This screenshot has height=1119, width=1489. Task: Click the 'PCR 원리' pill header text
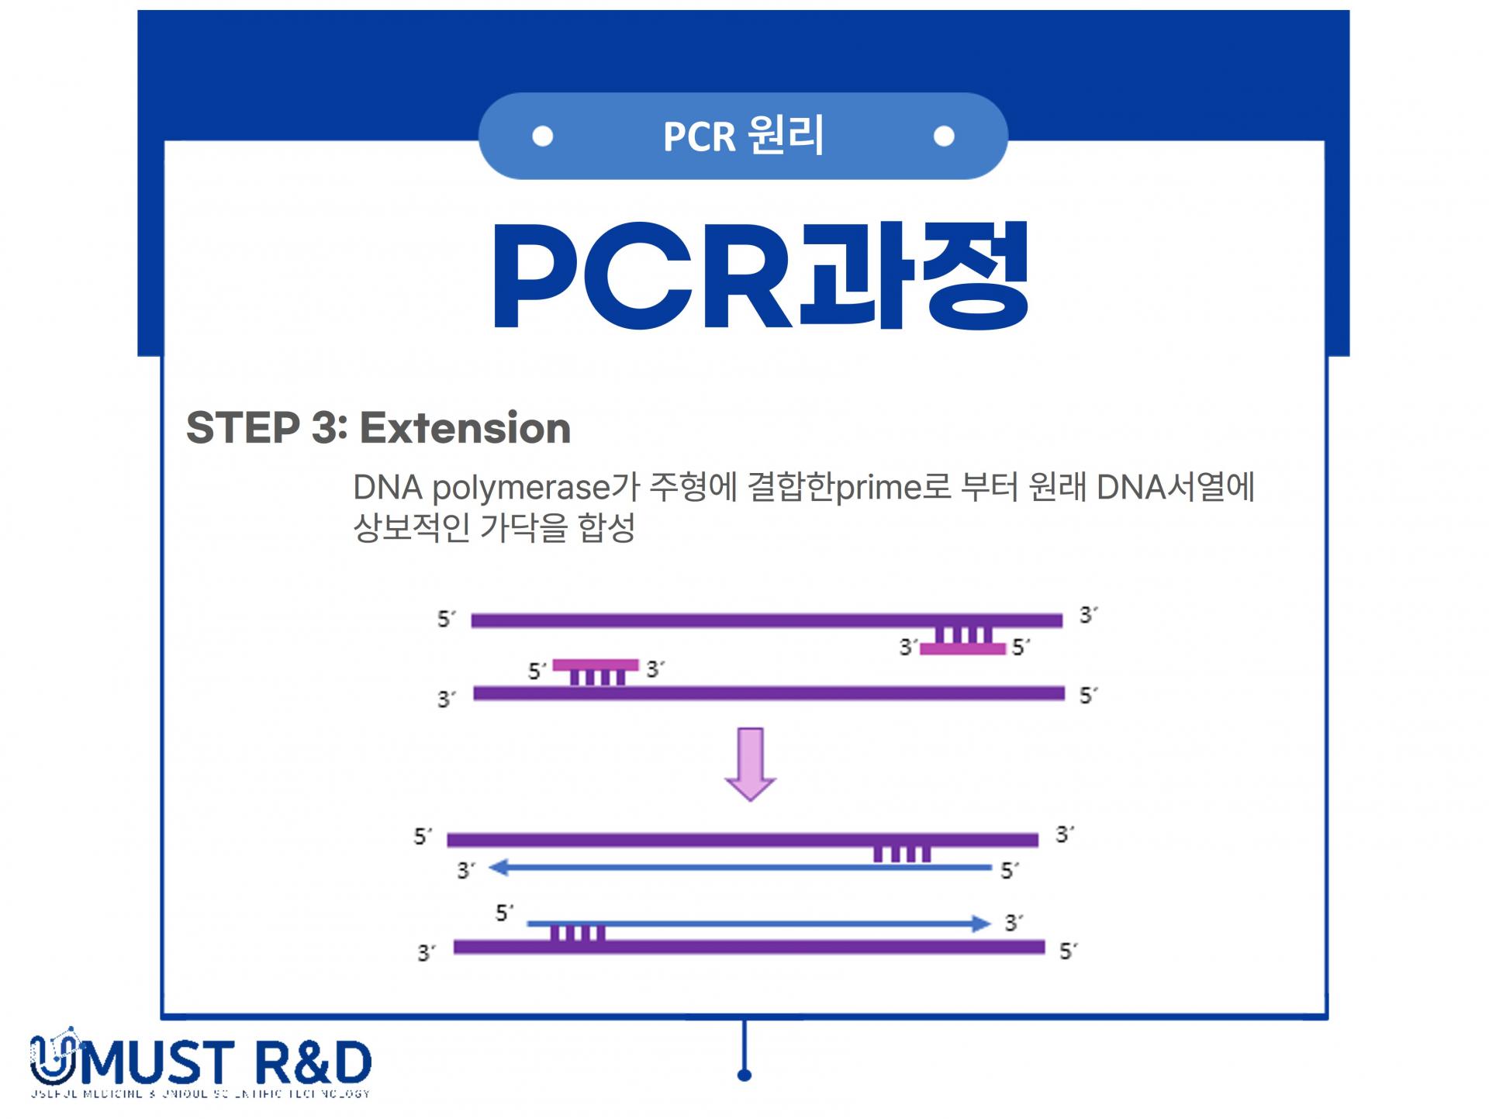[x=743, y=136]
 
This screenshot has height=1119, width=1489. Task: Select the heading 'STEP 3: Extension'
[x=378, y=428]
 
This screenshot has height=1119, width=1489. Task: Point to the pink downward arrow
[x=750, y=764]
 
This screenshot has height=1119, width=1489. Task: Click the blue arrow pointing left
[x=741, y=868]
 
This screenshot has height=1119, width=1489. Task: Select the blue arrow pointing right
[x=758, y=924]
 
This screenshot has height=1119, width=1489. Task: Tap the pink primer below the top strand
[x=963, y=648]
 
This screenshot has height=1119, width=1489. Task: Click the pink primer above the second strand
[x=596, y=665]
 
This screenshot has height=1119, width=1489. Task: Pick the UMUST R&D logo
[x=201, y=1063]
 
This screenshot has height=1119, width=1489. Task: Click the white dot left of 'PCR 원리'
[x=543, y=136]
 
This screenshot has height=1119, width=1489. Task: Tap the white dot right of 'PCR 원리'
[x=944, y=136]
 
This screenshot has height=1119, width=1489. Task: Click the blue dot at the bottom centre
[x=744, y=1075]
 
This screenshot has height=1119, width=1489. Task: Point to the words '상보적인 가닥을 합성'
[x=494, y=528]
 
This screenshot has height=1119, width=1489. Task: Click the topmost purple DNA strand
[x=766, y=620]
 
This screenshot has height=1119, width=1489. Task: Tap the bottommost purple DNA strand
[x=749, y=947]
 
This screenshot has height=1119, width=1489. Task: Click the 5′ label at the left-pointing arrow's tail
[x=1008, y=871]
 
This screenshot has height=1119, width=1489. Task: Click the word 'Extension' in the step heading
[x=465, y=428]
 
